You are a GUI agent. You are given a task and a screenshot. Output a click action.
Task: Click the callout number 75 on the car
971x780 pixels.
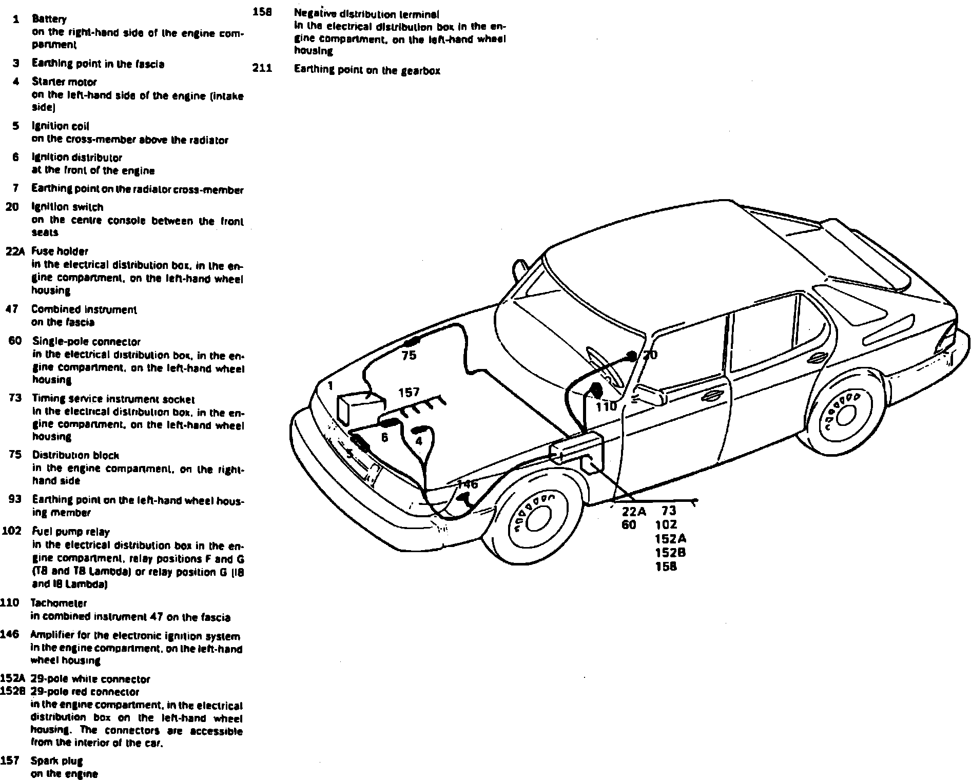(409, 356)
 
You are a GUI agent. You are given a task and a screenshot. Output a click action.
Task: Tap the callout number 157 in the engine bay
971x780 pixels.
(409, 393)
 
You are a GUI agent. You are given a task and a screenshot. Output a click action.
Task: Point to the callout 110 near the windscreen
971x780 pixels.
(606, 407)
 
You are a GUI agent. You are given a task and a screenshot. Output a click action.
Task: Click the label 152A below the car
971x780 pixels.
(671, 539)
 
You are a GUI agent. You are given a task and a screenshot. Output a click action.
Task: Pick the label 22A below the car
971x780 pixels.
(634, 512)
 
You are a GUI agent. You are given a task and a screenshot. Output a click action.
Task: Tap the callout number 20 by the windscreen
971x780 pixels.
(650, 355)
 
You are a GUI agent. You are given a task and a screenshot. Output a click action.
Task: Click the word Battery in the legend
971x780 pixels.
(49, 19)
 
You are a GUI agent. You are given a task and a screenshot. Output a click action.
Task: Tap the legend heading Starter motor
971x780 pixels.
(64, 82)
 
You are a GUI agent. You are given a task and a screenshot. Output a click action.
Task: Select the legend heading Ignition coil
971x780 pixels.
(61, 126)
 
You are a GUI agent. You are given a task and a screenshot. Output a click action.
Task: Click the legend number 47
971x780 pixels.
(12, 309)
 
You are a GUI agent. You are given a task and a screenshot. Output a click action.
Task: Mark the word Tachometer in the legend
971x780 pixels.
(59, 603)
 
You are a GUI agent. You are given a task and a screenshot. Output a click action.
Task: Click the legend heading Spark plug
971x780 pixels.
(57, 761)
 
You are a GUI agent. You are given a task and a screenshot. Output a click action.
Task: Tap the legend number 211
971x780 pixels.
(262, 69)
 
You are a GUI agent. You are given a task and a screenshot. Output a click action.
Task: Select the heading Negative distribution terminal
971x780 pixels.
(366, 14)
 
